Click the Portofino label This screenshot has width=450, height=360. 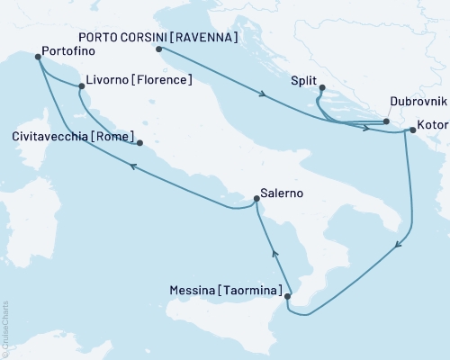click(x=73, y=53)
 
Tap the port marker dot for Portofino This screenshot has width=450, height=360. click(x=38, y=57)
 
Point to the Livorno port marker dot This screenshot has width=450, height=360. click(x=82, y=86)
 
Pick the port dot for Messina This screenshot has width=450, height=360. click(x=286, y=295)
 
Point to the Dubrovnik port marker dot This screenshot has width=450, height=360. click(x=385, y=121)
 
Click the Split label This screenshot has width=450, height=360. click(x=304, y=81)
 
